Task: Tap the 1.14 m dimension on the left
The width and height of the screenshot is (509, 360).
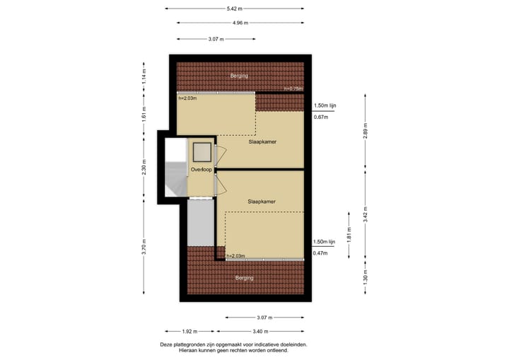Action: (144, 76)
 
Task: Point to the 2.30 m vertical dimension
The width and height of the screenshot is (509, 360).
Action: (144, 168)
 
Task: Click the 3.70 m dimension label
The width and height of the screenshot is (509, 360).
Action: (144, 248)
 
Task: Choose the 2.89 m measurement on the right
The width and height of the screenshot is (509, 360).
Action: (365, 132)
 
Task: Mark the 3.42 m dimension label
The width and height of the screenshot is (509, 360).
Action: (365, 214)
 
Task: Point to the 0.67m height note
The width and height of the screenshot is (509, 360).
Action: (321, 117)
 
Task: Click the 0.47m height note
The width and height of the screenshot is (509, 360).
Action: (321, 253)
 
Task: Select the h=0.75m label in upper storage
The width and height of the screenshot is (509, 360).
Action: (293, 88)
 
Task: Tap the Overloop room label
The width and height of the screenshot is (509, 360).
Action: (201, 170)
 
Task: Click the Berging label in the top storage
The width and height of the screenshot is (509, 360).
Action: (240, 75)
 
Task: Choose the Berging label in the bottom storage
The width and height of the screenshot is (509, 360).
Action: (245, 278)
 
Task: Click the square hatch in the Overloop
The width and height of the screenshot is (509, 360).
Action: (201, 151)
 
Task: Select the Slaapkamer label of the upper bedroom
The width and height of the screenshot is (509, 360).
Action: (262, 141)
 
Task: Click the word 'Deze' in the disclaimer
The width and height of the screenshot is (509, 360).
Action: (167, 344)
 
